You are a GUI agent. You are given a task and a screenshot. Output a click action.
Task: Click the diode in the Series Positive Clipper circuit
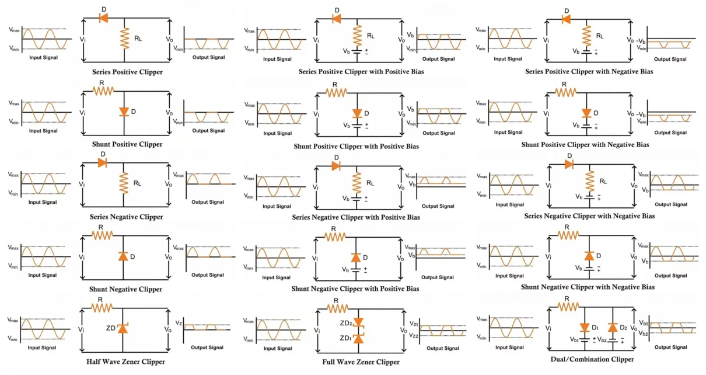103,18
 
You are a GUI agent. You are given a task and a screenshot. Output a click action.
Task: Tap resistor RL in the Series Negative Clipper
124,183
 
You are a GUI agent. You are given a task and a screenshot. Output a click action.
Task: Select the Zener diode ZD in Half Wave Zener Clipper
123,328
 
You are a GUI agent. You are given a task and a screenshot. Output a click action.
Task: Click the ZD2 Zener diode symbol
359,322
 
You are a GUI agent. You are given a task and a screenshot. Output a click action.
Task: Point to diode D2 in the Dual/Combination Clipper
613,328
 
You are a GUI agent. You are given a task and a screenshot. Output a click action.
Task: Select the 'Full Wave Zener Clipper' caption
361,362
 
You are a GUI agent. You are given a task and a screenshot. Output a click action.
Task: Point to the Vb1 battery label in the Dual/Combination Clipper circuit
575,339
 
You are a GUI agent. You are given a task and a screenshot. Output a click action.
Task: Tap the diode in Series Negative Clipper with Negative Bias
569,165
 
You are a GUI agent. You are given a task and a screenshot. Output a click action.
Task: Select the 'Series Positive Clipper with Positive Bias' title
361,72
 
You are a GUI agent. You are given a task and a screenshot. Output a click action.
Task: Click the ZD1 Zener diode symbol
359,338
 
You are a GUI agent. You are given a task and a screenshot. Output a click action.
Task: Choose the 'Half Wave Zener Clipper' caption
128,362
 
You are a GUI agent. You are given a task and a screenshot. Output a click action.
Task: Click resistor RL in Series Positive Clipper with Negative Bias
586,33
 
